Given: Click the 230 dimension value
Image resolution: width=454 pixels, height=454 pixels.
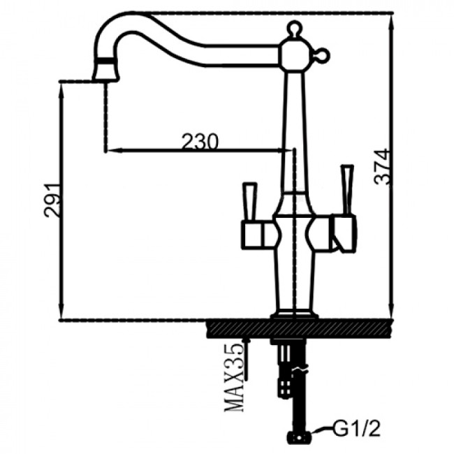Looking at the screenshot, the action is click(x=200, y=141).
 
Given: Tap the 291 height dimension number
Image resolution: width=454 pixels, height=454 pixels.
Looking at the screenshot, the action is click(x=52, y=200).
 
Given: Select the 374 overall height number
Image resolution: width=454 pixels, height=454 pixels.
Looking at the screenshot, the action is click(x=380, y=167).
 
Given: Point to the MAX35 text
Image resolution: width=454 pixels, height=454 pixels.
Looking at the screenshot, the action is click(x=235, y=377).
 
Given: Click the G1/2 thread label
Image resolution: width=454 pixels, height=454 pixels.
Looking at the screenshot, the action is click(x=356, y=429).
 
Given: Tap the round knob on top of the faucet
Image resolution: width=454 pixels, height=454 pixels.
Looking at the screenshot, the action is click(x=293, y=28).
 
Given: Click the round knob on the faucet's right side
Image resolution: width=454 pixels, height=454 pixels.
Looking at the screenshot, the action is click(x=323, y=55).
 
